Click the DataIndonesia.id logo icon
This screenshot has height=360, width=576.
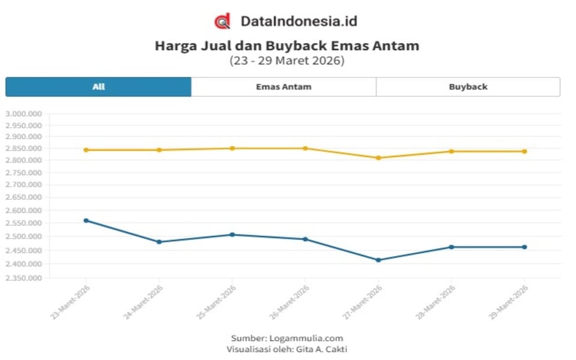pyautogui.click(x=222, y=21)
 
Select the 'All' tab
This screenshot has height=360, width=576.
pyautogui.click(x=98, y=87)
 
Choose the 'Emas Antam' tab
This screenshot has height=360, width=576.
pyautogui.click(x=283, y=87)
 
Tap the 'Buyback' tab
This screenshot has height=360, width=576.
pyautogui.click(x=468, y=87)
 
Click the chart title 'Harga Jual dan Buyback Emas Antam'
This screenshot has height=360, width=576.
pyautogui.click(x=287, y=46)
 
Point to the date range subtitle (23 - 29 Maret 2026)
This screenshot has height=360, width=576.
pyautogui.click(x=287, y=61)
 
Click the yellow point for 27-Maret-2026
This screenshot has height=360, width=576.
pyautogui.click(x=378, y=158)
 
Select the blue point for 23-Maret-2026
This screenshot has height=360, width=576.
pyautogui.click(x=86, y=220)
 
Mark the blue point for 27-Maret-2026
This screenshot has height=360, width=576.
pyautogui.click(x=378, y=260)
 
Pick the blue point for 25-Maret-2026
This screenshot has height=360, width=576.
pyautogui.click(x=232, y=235)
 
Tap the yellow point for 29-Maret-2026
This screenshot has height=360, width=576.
pyautogui.click(x=524, y=151)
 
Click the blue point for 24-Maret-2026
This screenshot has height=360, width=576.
pyautogui.click(x=159, y=242)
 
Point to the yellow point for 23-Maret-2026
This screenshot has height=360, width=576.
pyautogui.click(x=86, y=150)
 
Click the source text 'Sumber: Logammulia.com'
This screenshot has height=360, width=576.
pyautogui.click(x=287, y=338)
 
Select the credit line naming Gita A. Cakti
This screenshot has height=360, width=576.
pyautogui.click(x=287, y=349)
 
